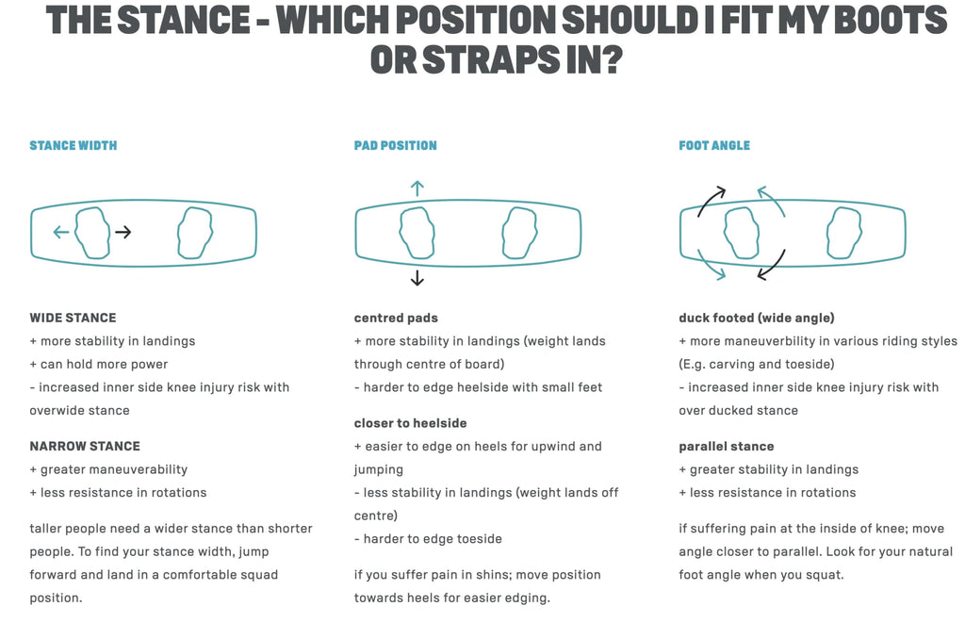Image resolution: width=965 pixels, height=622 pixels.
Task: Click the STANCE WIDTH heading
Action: point(74,146)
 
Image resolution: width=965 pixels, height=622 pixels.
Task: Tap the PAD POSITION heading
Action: point(395,146)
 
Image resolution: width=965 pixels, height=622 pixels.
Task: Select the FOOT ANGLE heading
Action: point(714,146)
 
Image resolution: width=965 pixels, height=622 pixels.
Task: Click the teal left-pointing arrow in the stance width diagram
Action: point(61,232)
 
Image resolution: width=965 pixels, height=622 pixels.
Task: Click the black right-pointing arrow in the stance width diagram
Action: point(123,232)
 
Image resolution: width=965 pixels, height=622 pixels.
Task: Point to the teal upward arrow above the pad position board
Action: point(417,188)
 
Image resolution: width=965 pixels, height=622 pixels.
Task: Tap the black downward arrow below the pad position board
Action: point(417,278)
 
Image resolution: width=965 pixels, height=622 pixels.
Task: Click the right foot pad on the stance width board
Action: point(195,233)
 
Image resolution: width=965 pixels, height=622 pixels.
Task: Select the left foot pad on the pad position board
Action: point(417,233)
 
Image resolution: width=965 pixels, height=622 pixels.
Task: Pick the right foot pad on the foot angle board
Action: point(844,233)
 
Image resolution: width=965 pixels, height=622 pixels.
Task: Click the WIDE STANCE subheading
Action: point(73,319)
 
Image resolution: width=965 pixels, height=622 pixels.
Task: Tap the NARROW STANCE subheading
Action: point(85,446)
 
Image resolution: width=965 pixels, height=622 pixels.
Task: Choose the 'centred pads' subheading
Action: point(396,319)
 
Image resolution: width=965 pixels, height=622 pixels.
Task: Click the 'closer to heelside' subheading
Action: point(411,423)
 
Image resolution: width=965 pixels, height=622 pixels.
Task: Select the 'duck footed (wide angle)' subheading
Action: point(757,319)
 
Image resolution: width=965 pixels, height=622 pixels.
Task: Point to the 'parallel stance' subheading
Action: point(727,446)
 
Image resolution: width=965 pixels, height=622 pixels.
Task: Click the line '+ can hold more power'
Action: point(98,364)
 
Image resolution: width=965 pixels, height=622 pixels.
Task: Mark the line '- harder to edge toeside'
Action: point(428,539)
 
